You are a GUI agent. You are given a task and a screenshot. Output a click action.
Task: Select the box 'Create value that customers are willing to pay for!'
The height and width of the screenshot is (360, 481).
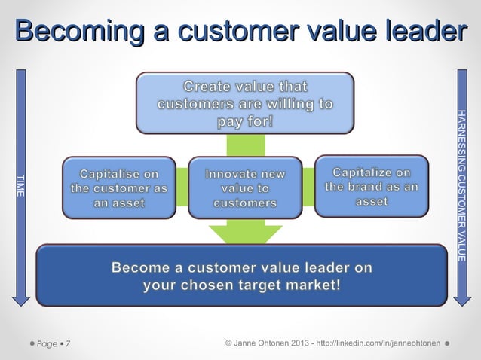[x=244, y=103]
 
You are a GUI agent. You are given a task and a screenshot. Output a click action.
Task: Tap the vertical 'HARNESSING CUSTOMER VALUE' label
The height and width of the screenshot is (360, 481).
[x=461, y=185]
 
